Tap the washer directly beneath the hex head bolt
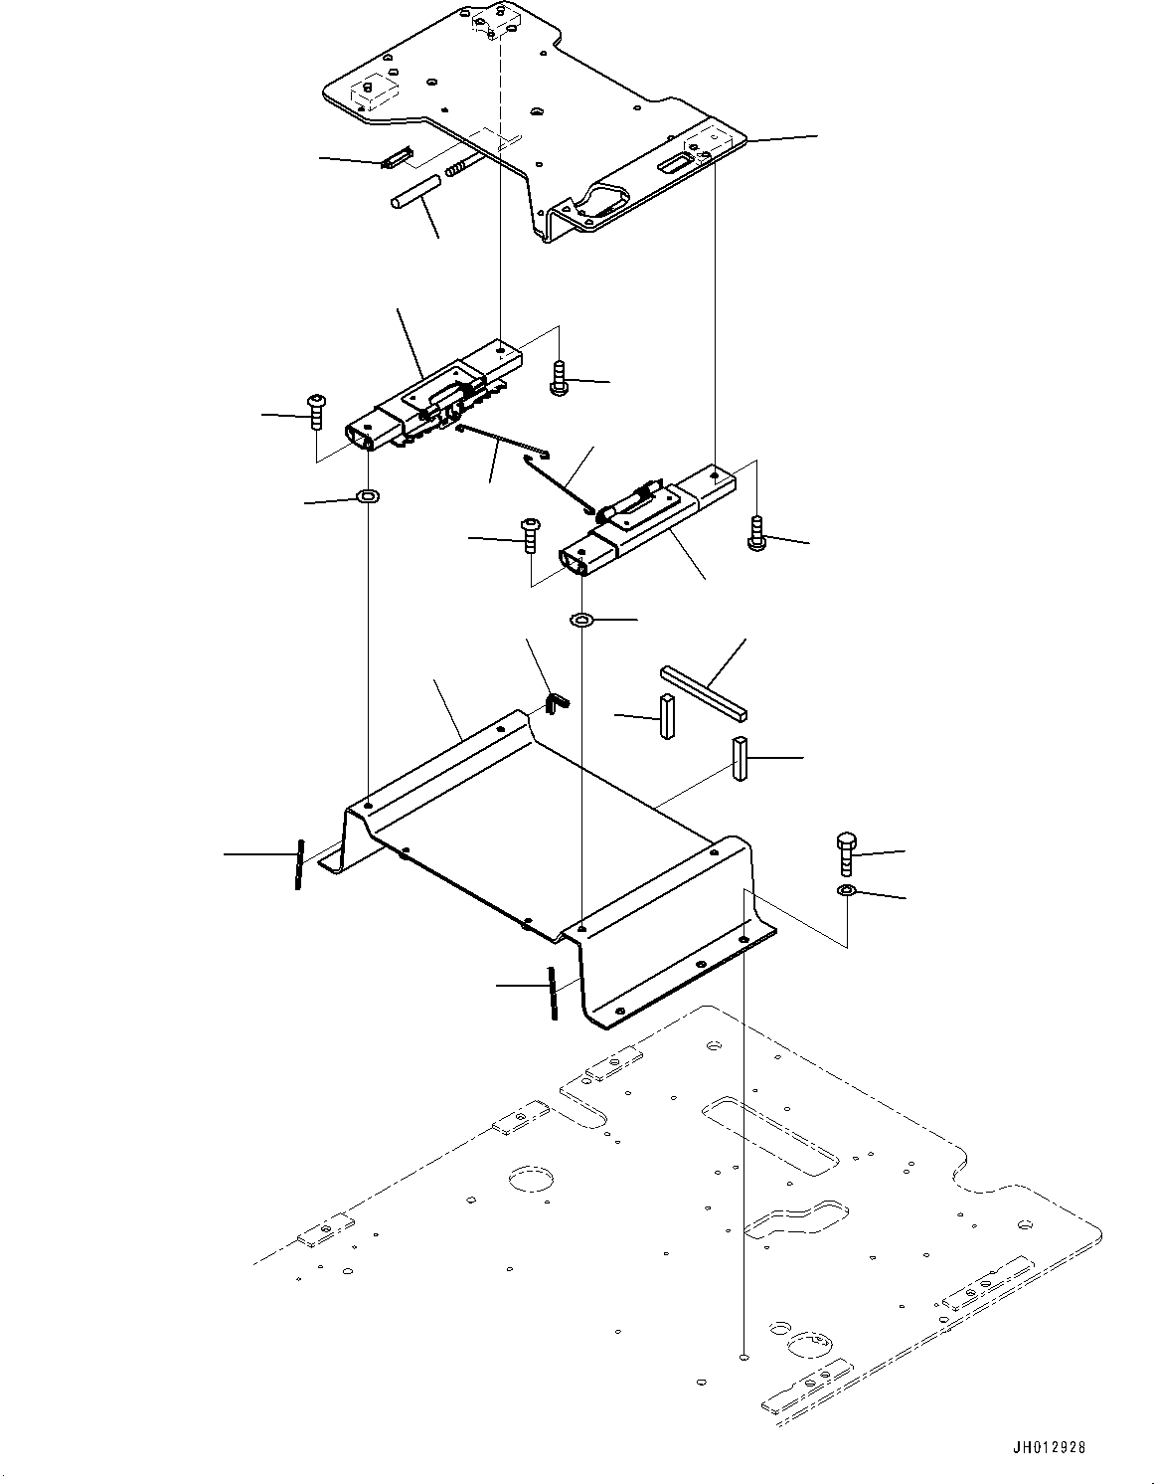pyautogui.click(x=845, y=889)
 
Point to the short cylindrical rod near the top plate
pyautogui.click(x=413, y=191)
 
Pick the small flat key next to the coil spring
pyautogui.click(x=396, y=158)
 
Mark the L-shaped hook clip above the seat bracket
pyautogui.click(x=559, y=701)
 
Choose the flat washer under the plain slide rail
pyautogui.click(x=581, y=621)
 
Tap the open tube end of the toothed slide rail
pyautogui.click(x=360, y=434)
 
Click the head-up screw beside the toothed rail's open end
pyautogui.click(x=315, y=410)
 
